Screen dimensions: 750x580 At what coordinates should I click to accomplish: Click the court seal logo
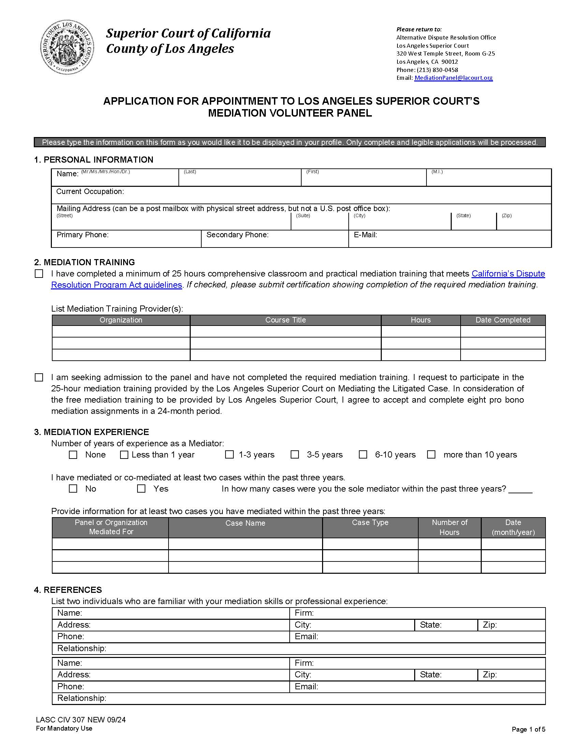point(67,47)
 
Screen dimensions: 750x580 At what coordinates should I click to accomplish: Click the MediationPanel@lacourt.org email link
point(453,78)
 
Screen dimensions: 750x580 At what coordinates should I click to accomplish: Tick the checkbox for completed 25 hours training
point(39,274)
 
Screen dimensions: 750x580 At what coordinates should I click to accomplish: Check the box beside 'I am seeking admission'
point(39,377)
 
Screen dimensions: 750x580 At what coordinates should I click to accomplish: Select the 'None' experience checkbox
point(73,455)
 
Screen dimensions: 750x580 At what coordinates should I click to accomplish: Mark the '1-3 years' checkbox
point(229,455)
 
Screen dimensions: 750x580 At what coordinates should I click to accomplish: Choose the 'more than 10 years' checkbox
point(431,455)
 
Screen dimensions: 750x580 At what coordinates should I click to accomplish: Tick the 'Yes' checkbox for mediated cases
point(141,489)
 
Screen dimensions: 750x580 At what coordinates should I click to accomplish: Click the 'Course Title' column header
point(285,320)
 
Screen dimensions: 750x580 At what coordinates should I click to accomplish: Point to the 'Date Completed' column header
point(503,320)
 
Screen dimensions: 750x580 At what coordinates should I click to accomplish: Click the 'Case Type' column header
point(370,523)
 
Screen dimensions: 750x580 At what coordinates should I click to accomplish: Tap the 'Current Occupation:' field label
point(90,192)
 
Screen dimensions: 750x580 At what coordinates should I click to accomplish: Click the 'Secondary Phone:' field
point(275,239)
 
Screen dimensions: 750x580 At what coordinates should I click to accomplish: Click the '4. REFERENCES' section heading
point(68,590)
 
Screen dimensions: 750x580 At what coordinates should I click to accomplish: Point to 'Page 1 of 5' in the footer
point(528,730)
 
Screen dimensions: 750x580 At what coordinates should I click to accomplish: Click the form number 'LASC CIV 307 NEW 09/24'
point(81,720)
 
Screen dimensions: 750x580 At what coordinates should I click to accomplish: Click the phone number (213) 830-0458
point(437,70)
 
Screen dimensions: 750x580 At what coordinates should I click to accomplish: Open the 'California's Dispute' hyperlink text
point(508,274)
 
